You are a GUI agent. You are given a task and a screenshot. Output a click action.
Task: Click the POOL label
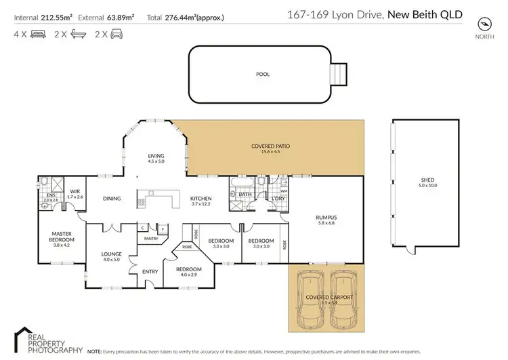click(x=262, y=74)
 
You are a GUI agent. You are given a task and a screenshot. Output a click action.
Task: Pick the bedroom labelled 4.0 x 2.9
click(x=186, y=271)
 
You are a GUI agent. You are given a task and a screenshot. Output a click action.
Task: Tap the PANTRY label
click(x=150, y=238)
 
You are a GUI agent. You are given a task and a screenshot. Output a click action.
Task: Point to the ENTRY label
click(x=150, y=272)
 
